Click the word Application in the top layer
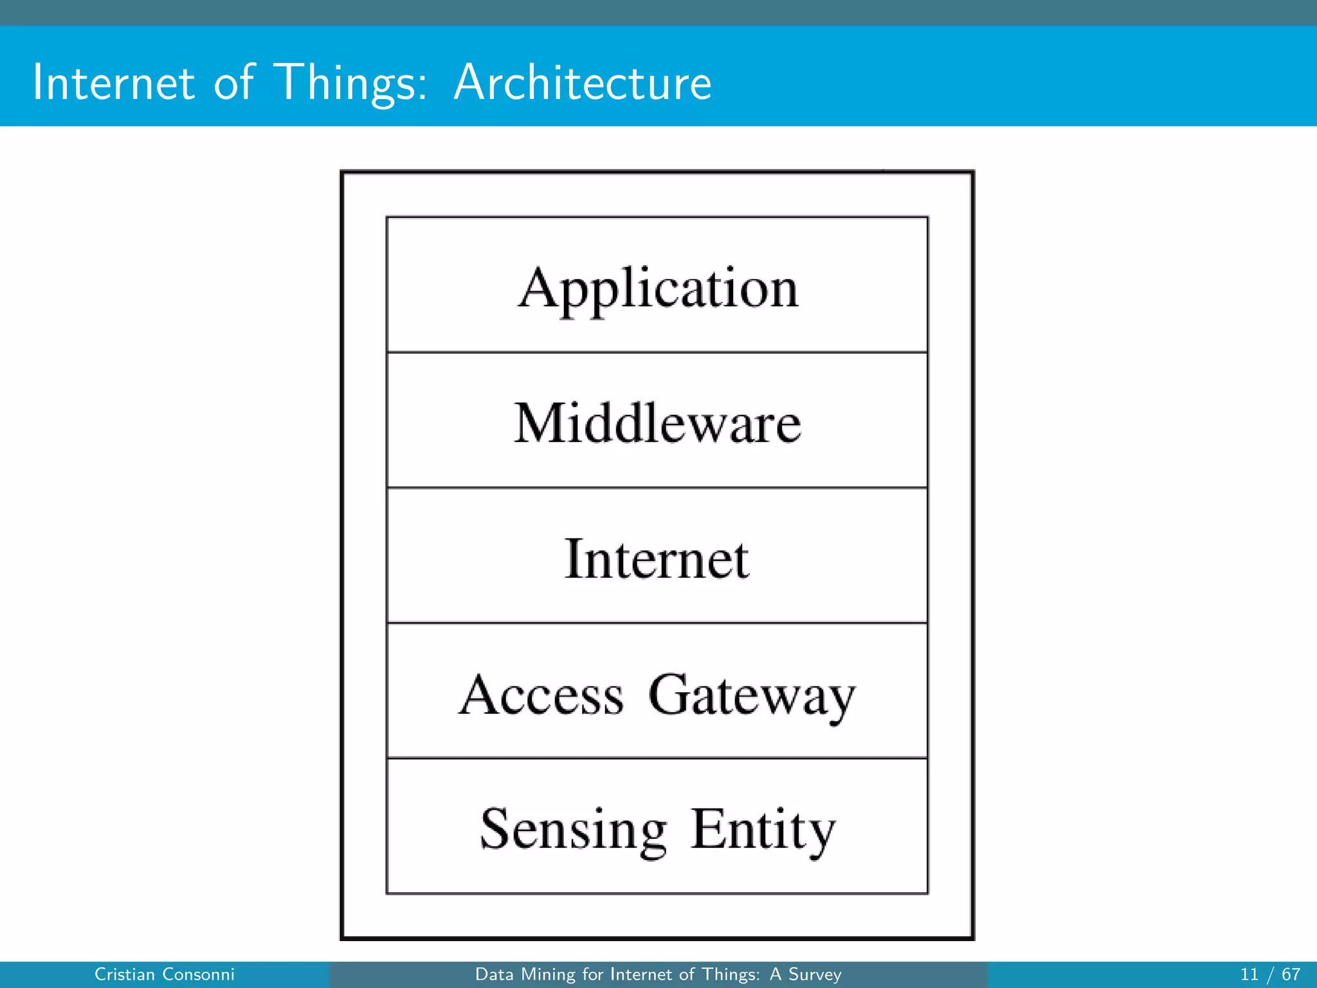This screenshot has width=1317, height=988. (x=658, y=289)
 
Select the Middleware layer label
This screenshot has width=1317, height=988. (x=658, y=423)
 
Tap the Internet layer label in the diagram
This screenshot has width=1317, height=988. (x=657, y=558)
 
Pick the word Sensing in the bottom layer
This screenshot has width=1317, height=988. (x=574, y=830)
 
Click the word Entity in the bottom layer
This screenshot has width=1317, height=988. (x=763, y=830)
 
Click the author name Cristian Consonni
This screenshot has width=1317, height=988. (x=165, y=974)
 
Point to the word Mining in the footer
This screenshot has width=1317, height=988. (x=549, y=974)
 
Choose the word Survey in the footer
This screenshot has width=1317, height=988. (x=815, y=974)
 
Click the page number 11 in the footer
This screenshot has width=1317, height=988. (x=1249, y=974)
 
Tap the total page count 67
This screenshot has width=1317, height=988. (x=1291, y=974)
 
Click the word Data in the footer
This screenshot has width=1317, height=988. (x=494, y=974)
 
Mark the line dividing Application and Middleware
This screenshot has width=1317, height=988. (x=657, y=352)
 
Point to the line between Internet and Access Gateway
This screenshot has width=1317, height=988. (x=657, y=623)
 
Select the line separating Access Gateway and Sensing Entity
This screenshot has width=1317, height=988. (x=657, y=758)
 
